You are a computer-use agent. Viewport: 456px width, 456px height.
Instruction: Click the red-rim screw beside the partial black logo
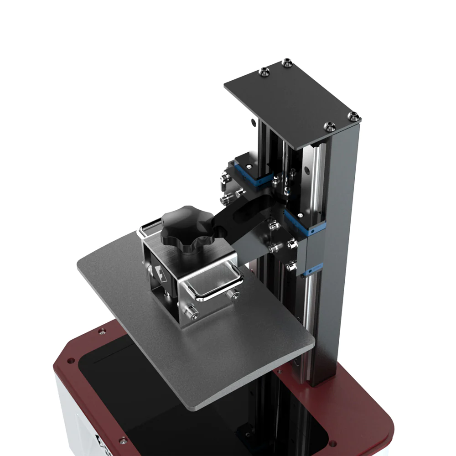pos(122,440)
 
